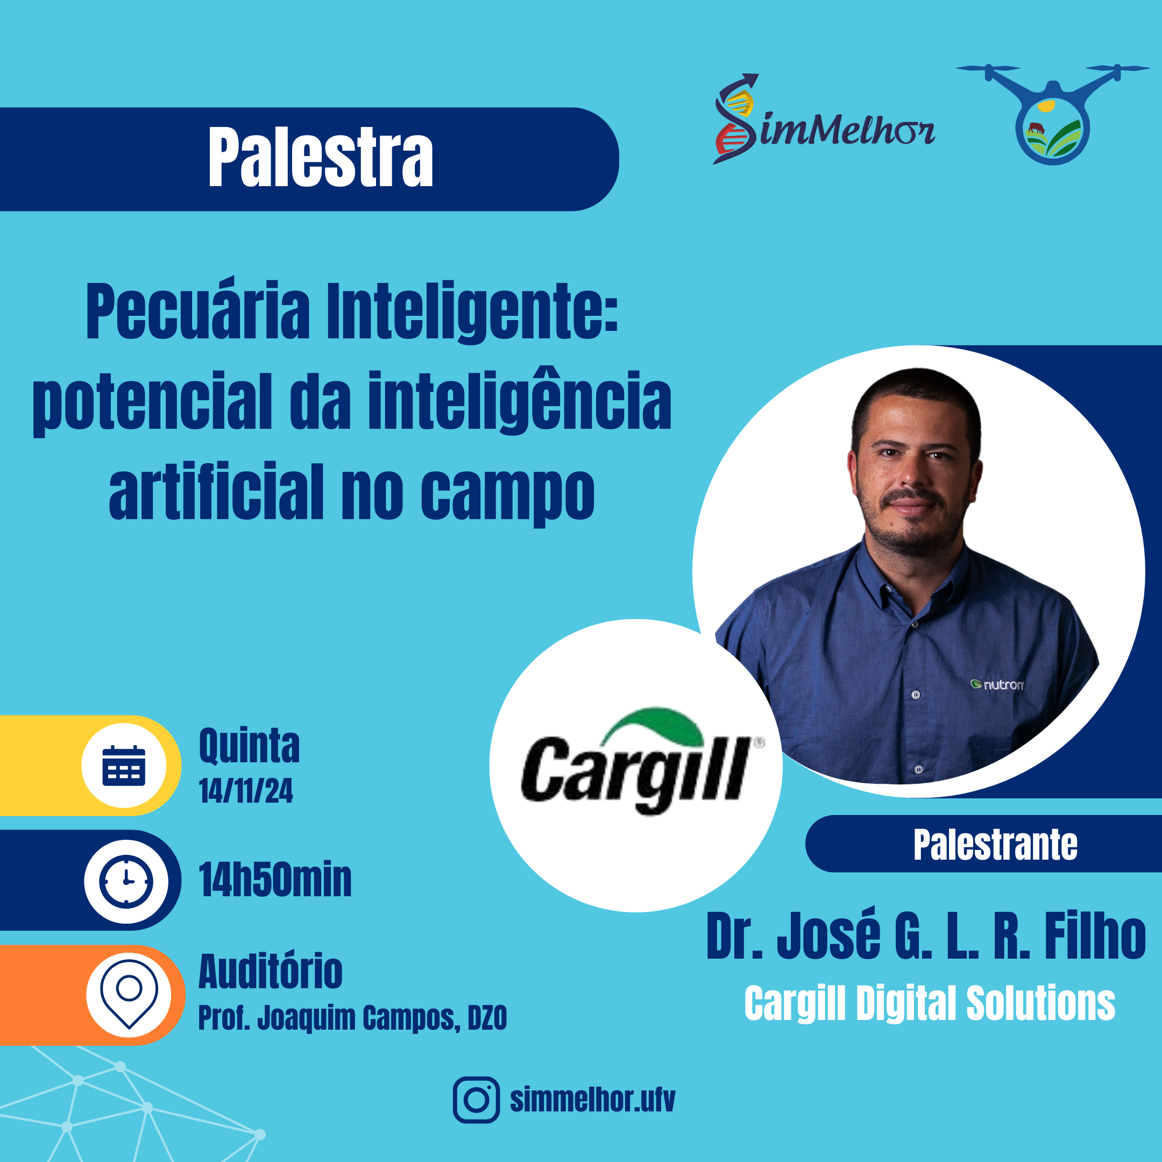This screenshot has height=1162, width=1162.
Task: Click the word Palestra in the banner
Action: [321, 158]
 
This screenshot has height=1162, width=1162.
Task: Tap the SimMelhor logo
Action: [824, 119]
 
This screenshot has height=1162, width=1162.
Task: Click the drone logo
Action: [1053, 114]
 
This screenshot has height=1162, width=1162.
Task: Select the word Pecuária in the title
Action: [198, 311]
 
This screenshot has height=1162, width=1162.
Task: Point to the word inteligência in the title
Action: [520, 402]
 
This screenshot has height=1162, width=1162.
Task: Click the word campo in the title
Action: [508, 494]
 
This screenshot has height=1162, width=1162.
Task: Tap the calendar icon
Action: [124, 766]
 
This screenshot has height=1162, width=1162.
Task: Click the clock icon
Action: [126, 881]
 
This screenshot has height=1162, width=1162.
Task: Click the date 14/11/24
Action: [246, 790]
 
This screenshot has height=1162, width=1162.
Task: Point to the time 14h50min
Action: [275, 880]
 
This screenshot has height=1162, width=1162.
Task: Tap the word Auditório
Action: [270, 972]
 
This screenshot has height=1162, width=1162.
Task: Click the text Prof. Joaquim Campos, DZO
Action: [352, 1018]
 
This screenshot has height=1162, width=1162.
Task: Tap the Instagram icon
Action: [476, 1100]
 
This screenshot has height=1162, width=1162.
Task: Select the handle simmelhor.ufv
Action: [592, 1100]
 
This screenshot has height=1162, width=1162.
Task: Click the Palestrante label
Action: [995, 845]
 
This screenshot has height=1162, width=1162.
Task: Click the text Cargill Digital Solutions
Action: [930, 1003]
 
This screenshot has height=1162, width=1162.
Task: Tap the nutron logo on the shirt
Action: [997, 684]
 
